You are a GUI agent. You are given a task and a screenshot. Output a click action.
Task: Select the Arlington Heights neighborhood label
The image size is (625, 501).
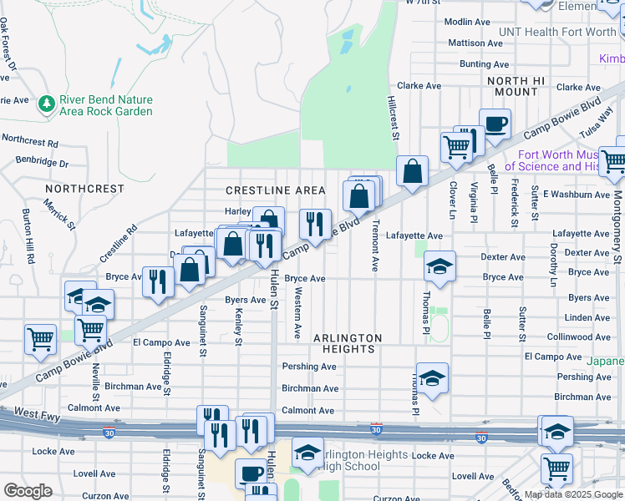(x=348, y=338)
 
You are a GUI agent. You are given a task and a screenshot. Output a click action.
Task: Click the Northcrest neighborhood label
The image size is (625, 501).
(x=87, y=189)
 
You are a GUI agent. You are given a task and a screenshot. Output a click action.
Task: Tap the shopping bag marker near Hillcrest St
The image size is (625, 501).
(x=412, y=172)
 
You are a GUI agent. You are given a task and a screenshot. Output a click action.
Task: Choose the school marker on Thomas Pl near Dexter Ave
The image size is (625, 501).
(x=440, y=267)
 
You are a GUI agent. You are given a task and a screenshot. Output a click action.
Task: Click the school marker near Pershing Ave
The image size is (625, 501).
(x=432, y=379)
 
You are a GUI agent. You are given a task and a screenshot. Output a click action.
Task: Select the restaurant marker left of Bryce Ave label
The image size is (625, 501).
(x=156, y=281)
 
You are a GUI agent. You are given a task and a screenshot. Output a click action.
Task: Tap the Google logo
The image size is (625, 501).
(x=28, y=491)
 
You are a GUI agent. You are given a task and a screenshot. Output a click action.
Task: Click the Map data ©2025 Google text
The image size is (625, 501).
(x=573, y=494)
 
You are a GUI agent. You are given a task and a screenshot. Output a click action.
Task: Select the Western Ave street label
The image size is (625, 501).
(x=297, y=313)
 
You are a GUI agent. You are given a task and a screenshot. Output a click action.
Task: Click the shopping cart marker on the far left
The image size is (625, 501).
(x=39, y=340)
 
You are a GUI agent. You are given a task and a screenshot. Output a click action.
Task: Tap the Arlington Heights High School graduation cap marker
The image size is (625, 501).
(x=307, y=454)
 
